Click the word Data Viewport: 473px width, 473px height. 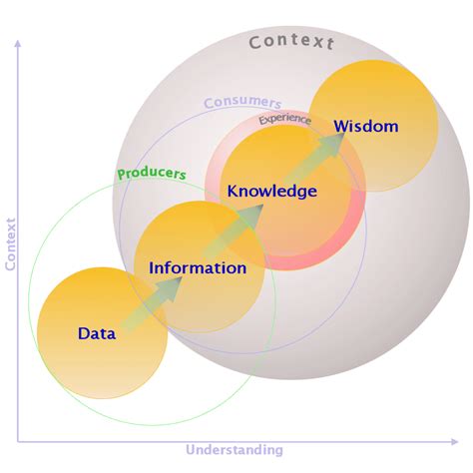pos(97,333)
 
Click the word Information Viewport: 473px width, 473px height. pos(198,268)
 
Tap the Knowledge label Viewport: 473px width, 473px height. pos(271,191)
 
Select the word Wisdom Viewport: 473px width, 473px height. pos(366,126)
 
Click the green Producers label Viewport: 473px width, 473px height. pos(152,174)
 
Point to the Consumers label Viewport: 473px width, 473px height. pos(242,103)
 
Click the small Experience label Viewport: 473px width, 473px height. pos(284,120)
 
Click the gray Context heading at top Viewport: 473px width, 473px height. pos(292,42)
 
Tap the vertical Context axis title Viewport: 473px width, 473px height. pos(10,243)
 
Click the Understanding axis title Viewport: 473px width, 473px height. pos(235,451)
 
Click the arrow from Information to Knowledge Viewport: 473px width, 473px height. pos(235,226)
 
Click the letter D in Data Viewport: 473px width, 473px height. pos(84,333)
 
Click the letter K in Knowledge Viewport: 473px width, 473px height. pos(233,191)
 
